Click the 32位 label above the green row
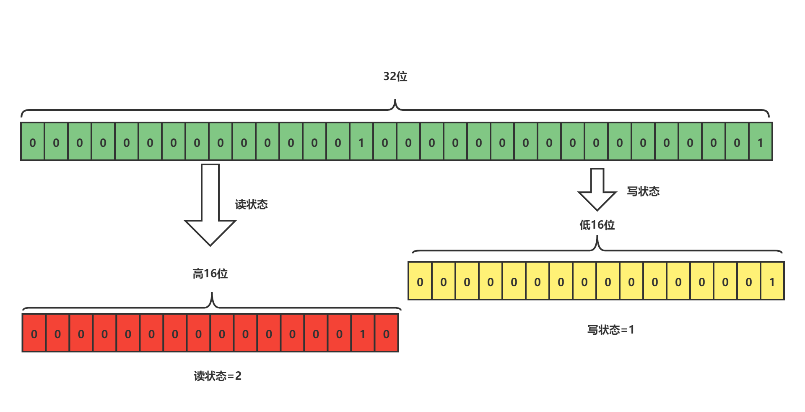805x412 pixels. [395, 76]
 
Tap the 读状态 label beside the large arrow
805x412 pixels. [251, 204]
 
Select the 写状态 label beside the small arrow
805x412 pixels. [643, 191]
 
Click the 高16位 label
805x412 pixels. [210, 274]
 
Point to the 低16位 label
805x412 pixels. [597, 225]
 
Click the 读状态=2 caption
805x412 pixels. [218, 375]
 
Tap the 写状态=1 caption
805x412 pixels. [610, 330]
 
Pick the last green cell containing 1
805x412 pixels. [761, 142]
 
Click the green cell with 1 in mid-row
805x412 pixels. [361, 142]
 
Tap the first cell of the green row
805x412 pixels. [33, 142]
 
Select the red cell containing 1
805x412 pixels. [363, 334]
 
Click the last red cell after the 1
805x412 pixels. [386, 334]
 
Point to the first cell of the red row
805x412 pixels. [34, 334]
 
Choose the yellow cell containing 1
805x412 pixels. [772, 282]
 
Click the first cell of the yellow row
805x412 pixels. [420, 282]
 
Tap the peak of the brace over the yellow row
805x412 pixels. [597, 237]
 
